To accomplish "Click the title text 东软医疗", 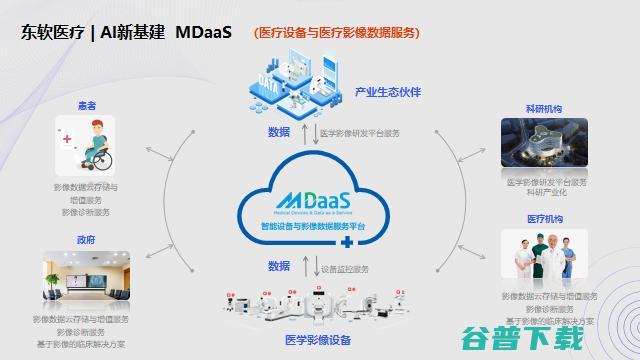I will pyautogui.click(x=52, y=32).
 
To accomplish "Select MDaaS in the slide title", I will pyautogui.click(x=203, y=32).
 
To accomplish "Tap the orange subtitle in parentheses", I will pyautogui.click(x=336, y=33).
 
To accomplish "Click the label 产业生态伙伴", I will pyautogui.click(x=387, y=92).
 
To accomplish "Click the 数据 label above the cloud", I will pyautogui.click(x=279, y=132).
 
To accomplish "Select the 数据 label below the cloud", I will pyautogui.click(x=279, y=266).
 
